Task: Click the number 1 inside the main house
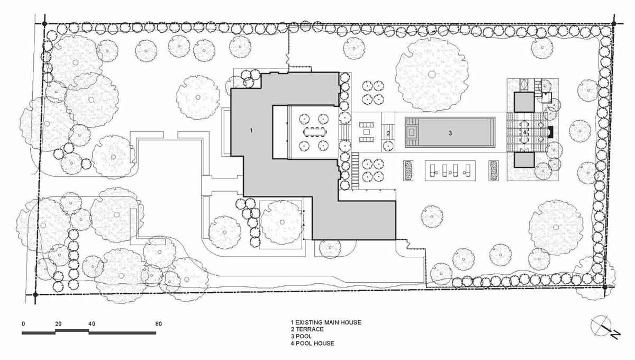click(x=251, y=130)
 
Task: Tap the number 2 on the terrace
click(x=388, y=133)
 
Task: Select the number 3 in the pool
click(x=450, y=133)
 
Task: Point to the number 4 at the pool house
click(x=525, y=132)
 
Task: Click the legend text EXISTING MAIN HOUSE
click(x=328, y=322)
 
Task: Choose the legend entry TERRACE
click(x=310, y=329)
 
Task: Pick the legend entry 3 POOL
click(x=301, y=336)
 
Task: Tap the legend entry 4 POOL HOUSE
click(x=312, y=343)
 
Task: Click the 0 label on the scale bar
click(x=23, y=323)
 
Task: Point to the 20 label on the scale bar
click(x=58, y=323)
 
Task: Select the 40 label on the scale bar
click(x=92, y=323)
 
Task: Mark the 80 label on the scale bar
click(x=158, y=323)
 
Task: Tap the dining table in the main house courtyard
click(x=315, y=132)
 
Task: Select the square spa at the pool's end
click(x=412, y=132)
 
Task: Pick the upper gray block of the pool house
click(x=524, y=102)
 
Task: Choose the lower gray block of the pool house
click(x=524, y=160)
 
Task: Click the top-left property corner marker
click(x=44, y=24)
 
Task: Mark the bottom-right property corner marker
click(x=605, y=287)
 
